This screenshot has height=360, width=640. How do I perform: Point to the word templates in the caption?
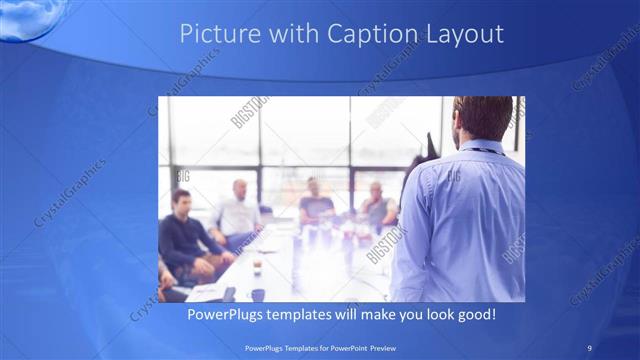(x=313, y=315)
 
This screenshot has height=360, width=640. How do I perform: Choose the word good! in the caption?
(x=475, y=315)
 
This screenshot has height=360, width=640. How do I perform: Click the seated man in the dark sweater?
(x=183, y=235)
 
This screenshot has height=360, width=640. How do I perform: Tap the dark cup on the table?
(x=257, y=294)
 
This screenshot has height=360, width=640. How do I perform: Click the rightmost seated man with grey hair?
(x=376, y=205)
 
